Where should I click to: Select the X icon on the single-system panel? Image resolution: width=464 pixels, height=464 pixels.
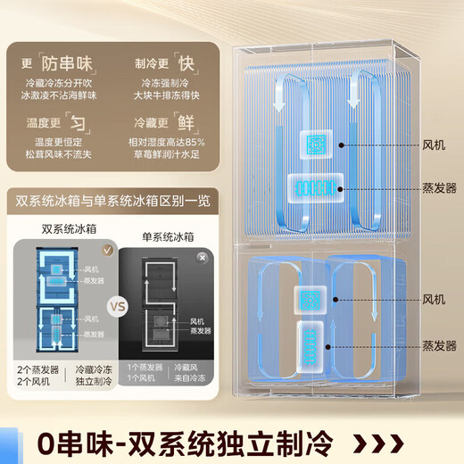203,256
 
